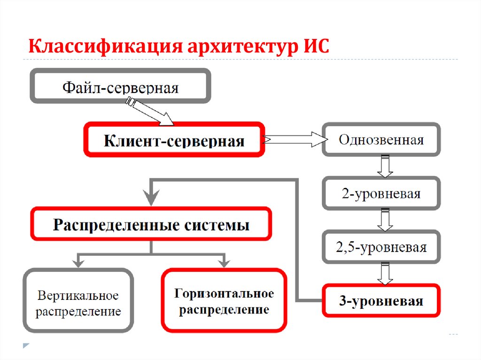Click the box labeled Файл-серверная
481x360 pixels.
tap(120, 86)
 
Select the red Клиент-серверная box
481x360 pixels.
tap(174, 139)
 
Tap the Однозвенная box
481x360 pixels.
tap(381, 139)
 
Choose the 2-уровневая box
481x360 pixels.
tap(381, 193)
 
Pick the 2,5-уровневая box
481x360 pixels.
tap(381, 247)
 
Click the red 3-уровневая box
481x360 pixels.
tap(381, 300)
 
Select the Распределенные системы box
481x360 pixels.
tap(151, 224)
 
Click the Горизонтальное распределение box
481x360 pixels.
tap(224, 301)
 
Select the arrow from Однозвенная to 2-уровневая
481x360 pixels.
tap(385, 167)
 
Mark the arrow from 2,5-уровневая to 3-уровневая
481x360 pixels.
tap(385, 274)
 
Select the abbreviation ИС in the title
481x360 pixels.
tap(313, 47)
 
